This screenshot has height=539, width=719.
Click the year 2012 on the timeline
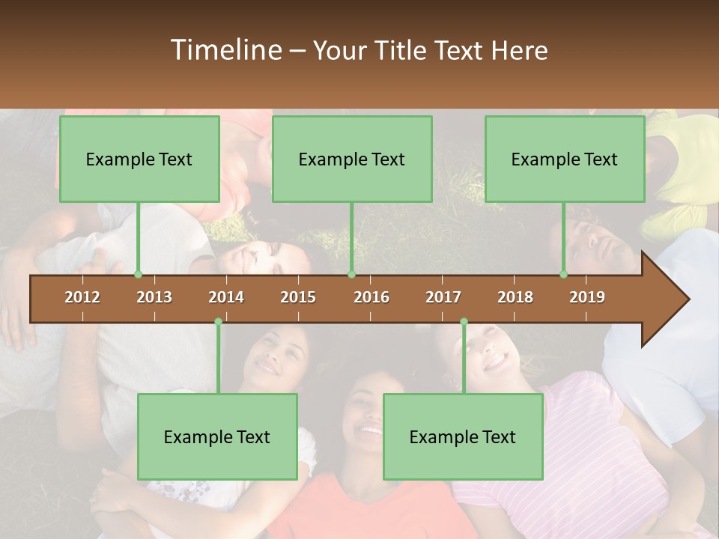(x=82, y=297)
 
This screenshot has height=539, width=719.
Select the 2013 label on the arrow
(x=154, y=297)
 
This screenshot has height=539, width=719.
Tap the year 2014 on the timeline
(x=226, y=297)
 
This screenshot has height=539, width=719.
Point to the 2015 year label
(x=298, y=297)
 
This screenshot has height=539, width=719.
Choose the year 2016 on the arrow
(x=371, y=297)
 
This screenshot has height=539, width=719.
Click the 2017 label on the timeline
(x=443, y=297)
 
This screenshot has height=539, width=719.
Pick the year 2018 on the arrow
(x=515, y=297)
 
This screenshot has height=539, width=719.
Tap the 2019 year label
(x=587, y=297)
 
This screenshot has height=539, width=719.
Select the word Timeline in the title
(x=225, y=50)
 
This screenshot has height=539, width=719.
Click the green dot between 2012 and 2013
(x=138, y=275)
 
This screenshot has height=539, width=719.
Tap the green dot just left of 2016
(x=351, y=275)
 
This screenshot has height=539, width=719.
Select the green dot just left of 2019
(x=564, y=275)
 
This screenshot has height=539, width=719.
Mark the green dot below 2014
(x=218, y=322)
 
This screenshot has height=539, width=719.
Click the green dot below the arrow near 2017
(x=464, y=322)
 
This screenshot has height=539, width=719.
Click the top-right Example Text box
(x=565, y=159)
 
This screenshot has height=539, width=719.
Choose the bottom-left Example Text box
(x=217, y=436)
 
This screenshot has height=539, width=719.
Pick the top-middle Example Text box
(x=352, y=159)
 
